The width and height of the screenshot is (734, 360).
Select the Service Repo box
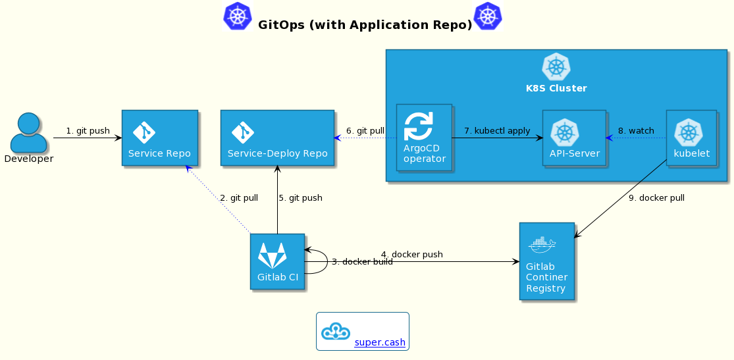pyautogui.click(x=159, y=138)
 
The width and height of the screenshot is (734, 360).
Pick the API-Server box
pyautogui.click(x=574, y=138)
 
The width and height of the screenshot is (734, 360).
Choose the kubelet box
pyautogui.click(x=691, y=138)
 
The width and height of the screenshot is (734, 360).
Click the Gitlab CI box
pyautogui.click(x=277, y=261)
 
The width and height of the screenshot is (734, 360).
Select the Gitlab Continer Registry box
pyautogui.click(x=546, y=261)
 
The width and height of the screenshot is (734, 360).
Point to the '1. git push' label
pyautogui.click(x=88, y=131)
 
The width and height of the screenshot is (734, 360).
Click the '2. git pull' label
pyautogui.click(x=239, y=198)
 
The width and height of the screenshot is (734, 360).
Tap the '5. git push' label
pyautogui.click(x=300, y=198)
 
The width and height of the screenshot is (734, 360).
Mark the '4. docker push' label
pyautogui.click(x=411, y=255)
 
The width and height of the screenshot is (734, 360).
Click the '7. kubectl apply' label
pyautogui.click(x=497, y=131)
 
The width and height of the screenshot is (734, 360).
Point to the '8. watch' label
pyautogui.click(x=636, y=131)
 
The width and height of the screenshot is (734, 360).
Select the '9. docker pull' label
pyautogui.click(x=656, y=198)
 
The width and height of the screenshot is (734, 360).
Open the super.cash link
pyautogui.click(x=380, y=343)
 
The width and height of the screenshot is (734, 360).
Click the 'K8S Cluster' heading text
pyautogui.click(x=556, y=88)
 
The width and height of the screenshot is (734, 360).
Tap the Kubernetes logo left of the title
pyautogui.click(x=238, y=16)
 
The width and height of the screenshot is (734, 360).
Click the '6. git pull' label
pyautogui.click(x=365, y=131)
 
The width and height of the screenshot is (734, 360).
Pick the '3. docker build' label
pyautogui.click(x=362, y=262)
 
